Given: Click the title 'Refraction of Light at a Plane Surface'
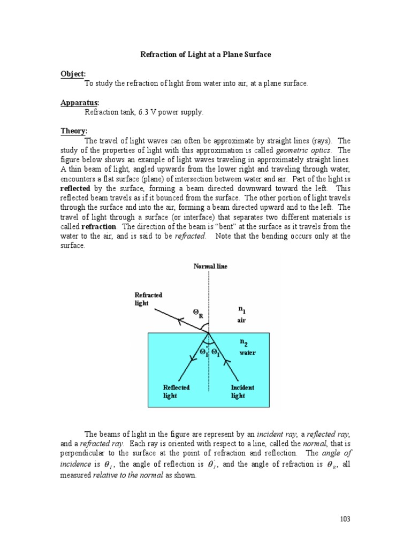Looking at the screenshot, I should tap(205, 55).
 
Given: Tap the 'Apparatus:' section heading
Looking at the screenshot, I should tap(79, 103).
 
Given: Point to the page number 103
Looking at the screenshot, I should tap(345, 519).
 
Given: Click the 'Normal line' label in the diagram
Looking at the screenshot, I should tap(210, 267).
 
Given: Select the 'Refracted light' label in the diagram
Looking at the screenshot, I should tap(148, 299).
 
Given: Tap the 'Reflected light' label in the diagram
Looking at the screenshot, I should tap(176, 391).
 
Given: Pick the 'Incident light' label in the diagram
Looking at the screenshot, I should tap(242, 391).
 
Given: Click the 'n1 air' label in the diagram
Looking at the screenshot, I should tap(243, 315).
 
